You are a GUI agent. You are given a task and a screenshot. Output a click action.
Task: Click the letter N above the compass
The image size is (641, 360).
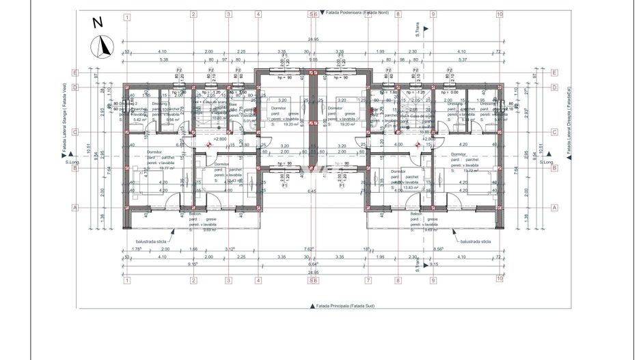[98, 23]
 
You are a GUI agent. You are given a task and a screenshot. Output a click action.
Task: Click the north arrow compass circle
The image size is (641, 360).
[103, 46]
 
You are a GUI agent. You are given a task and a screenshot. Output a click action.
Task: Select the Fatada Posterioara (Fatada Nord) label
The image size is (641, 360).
[355, 13]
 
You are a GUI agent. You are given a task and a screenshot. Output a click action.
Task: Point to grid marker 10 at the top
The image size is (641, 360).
[500, 14]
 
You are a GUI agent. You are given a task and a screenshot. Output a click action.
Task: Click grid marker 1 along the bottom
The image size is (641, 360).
[127, 279]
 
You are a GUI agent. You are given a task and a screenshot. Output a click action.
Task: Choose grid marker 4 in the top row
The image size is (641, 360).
[258, 14]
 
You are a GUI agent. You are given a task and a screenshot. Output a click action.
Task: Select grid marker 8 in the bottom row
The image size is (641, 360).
[400, 279]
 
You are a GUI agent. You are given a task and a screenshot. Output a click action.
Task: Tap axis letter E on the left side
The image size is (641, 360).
[77, 72]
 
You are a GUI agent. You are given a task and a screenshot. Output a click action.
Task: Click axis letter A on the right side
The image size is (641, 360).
[554, 208]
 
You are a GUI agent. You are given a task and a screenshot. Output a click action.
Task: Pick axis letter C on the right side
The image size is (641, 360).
[554, 132]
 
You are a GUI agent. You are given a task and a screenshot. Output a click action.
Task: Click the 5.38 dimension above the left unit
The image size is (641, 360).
[163, 59]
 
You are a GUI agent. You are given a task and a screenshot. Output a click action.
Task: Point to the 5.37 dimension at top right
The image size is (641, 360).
[462, 59]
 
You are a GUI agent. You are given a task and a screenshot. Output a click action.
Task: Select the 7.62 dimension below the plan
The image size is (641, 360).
[309, 249]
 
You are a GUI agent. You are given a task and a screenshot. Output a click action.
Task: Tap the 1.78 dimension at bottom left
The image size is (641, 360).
[137, 249]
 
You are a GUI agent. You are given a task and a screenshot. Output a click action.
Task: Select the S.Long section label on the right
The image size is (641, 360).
[546, 163]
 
